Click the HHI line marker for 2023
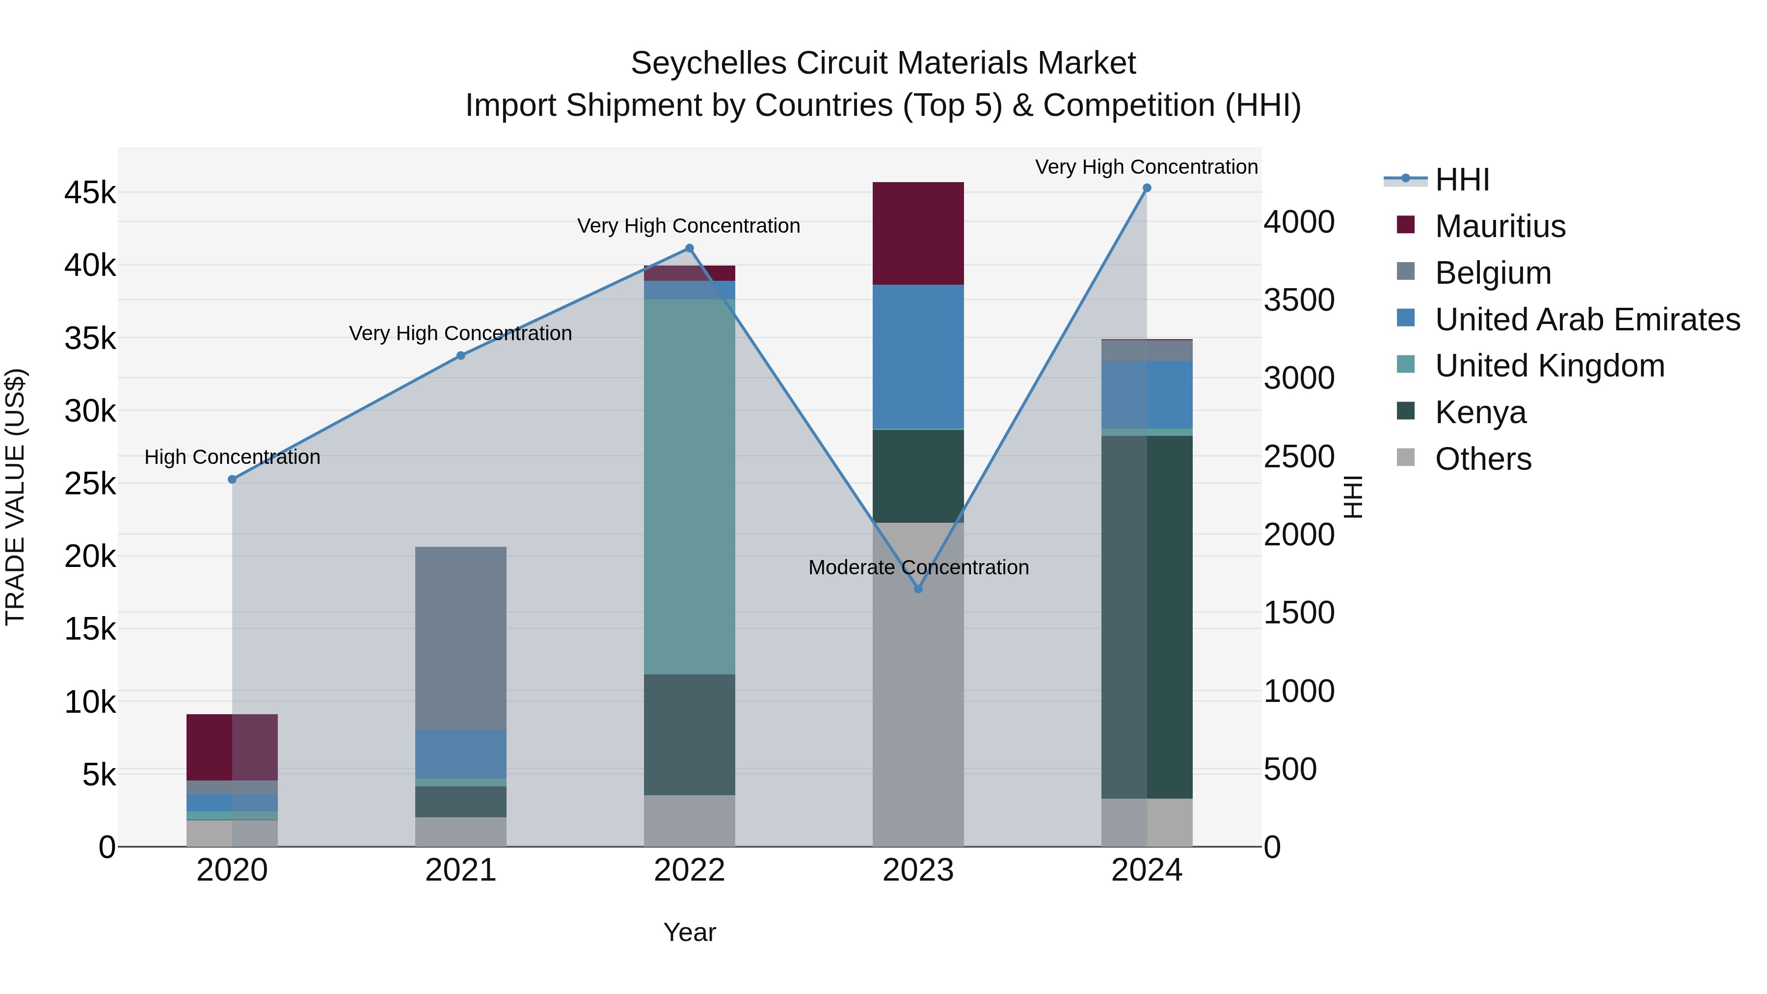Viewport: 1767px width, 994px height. point(918,589)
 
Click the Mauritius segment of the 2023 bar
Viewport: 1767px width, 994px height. point(918,233)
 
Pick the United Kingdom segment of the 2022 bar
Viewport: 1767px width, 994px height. point(690,487)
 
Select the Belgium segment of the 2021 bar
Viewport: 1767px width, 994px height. point(461,638)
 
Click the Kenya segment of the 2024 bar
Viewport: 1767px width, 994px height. point(1147,618)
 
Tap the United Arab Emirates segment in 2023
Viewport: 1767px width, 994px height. point(918,357)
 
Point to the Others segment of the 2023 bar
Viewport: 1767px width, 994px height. point(918,686)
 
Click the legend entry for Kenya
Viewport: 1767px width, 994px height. point(1480,412)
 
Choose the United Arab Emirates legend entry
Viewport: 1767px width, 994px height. point(1587,319)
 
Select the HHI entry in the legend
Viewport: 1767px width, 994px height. point(1461,180)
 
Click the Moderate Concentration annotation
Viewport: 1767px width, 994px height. point(918,567)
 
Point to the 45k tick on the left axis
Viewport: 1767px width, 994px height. point(90,193)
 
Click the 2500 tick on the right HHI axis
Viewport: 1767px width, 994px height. point(1298,457)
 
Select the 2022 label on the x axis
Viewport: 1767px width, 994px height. point(690,870)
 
